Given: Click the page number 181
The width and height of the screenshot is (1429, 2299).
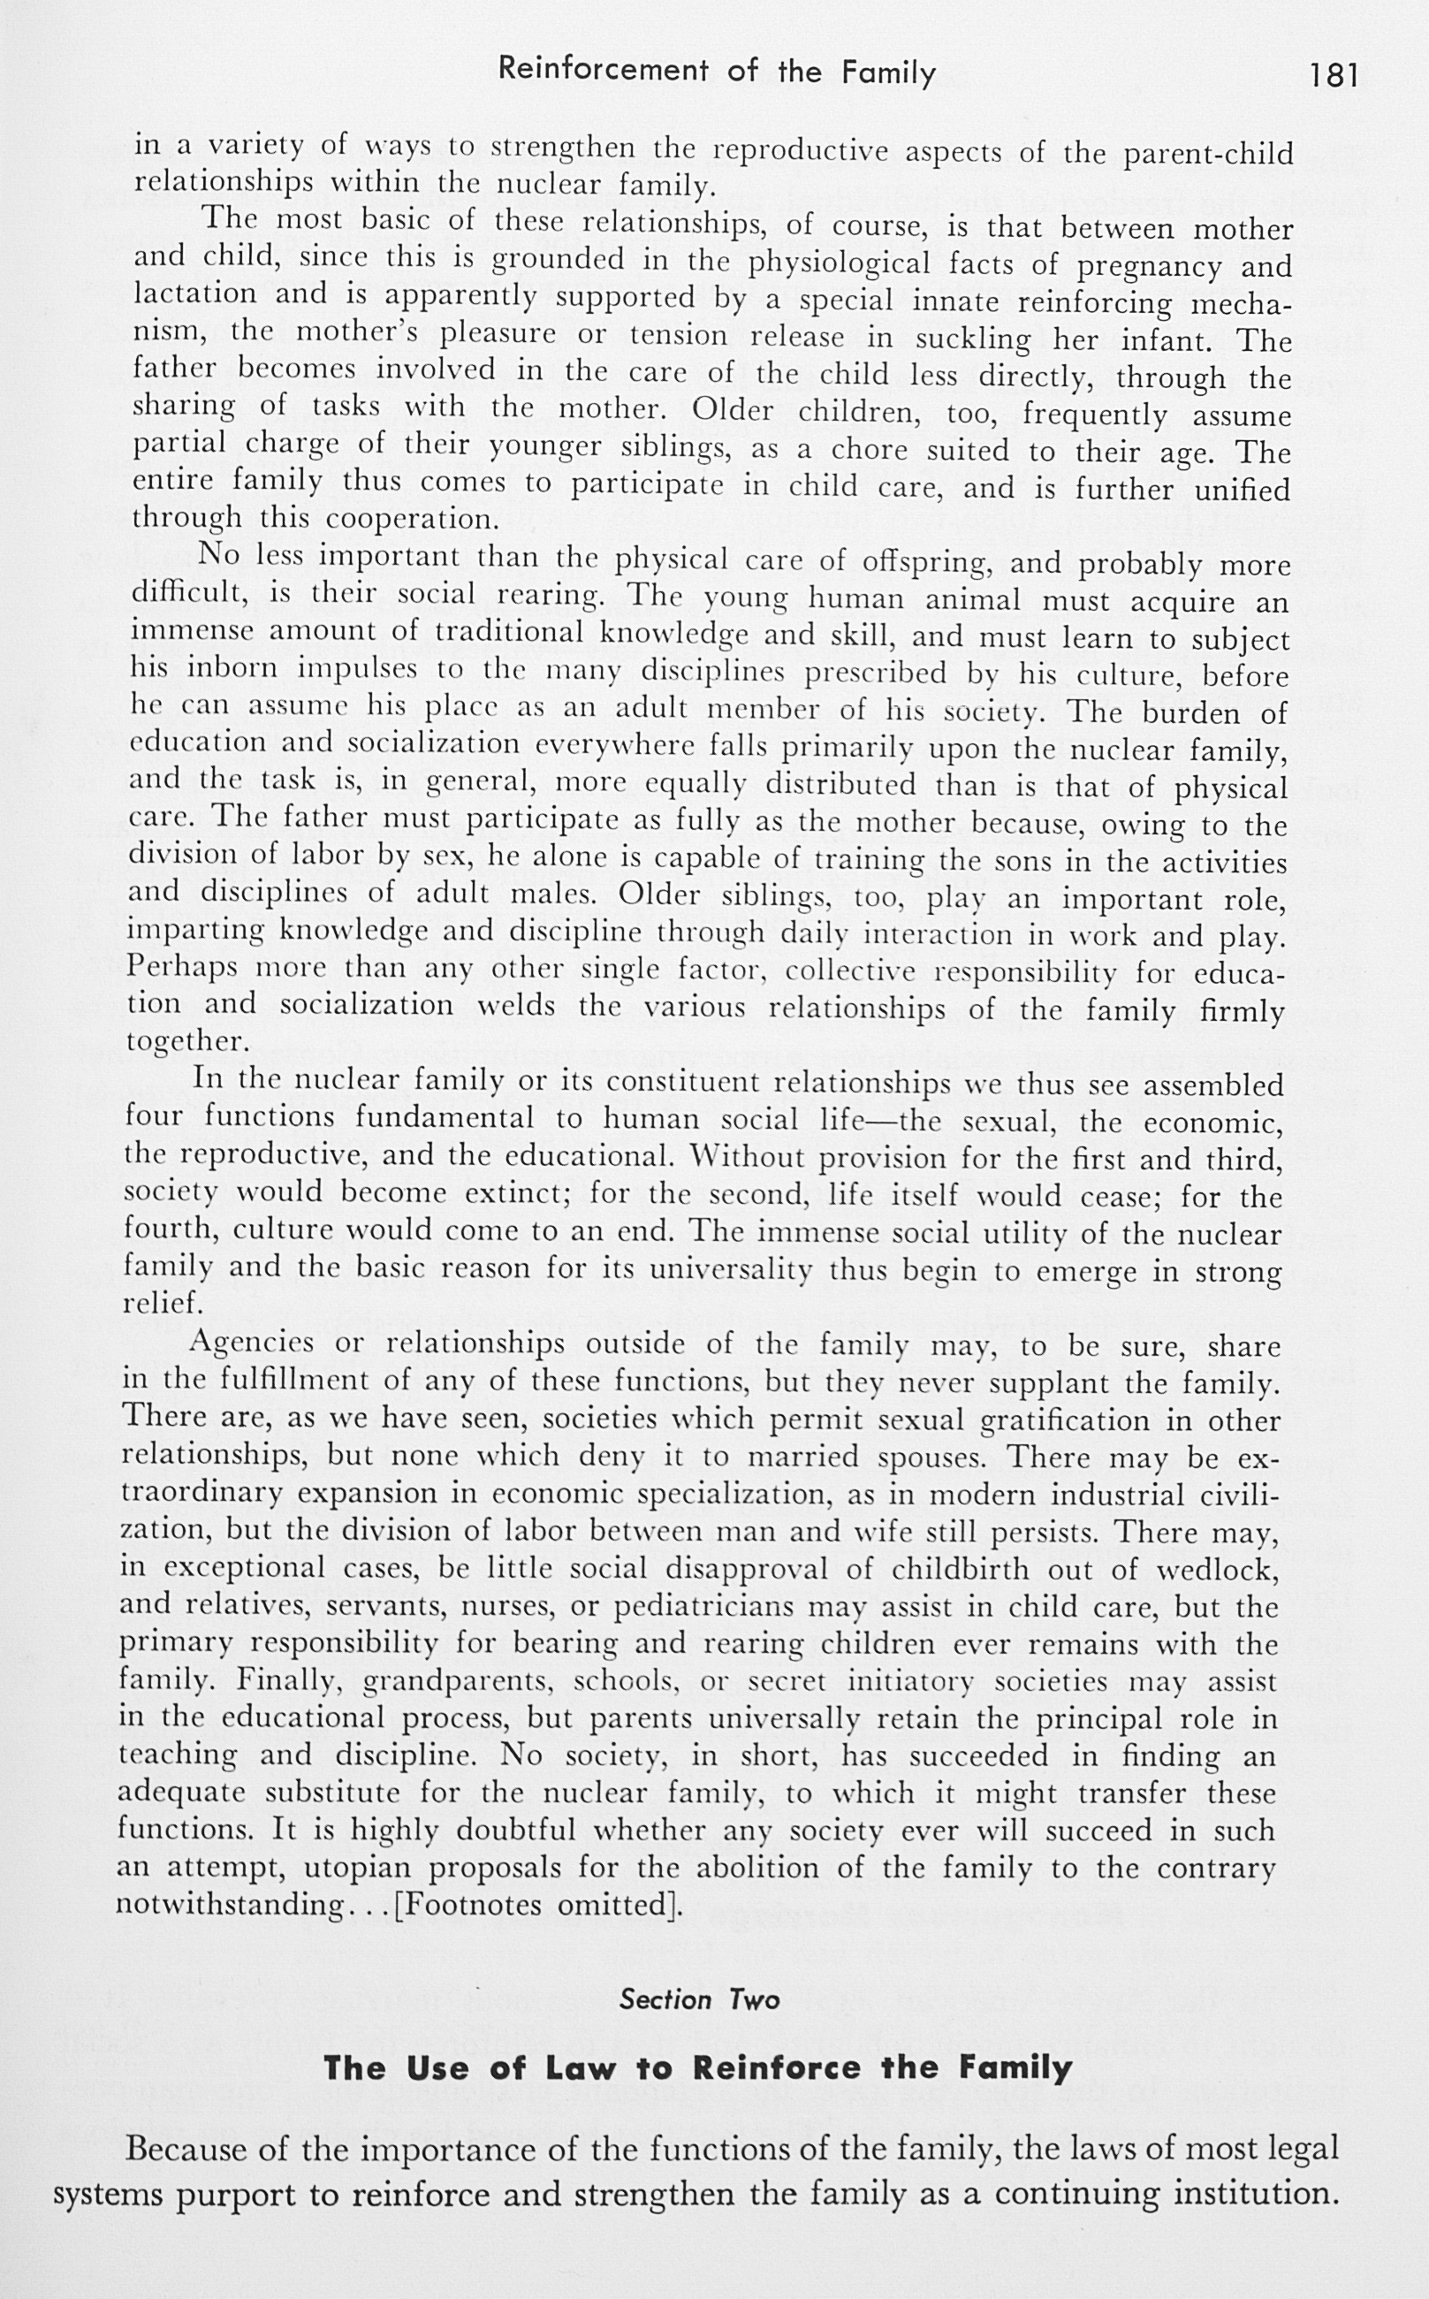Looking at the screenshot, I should [1334, 74].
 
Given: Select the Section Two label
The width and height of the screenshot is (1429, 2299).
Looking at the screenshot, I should [699, 1999].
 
